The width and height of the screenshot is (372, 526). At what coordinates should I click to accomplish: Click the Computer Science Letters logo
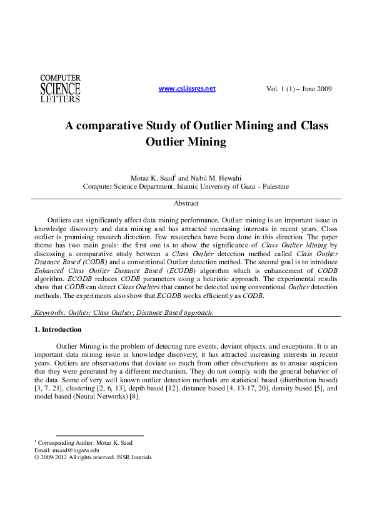coord(60,88)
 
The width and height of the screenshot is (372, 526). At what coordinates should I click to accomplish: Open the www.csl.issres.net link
coord(187,89)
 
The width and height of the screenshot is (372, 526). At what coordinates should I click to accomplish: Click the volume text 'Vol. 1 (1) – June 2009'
coord(299,89)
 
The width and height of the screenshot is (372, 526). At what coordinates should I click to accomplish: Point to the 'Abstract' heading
coord(186,204)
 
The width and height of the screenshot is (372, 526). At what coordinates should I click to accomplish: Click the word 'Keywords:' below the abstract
coord(49,312)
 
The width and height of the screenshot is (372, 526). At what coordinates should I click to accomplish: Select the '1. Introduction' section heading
coord(58,329)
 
